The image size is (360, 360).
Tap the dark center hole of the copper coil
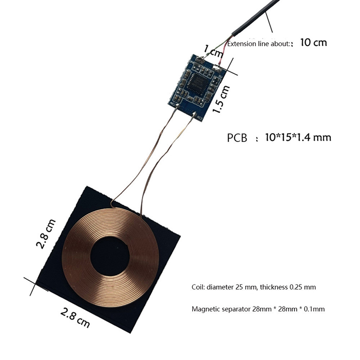coord(110,256)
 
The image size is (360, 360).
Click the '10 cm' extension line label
coord(313,43)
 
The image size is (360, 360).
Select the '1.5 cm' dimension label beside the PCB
coord(221,99)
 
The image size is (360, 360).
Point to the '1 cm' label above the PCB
coord(213,51)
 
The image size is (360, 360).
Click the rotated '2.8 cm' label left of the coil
coord(46,234)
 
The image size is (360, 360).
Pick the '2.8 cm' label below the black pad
coord(75,318)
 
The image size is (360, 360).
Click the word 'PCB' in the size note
coord(237,138)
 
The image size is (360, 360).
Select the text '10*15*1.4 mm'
coord(298,138)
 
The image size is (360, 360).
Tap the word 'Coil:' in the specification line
coord(198,287)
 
